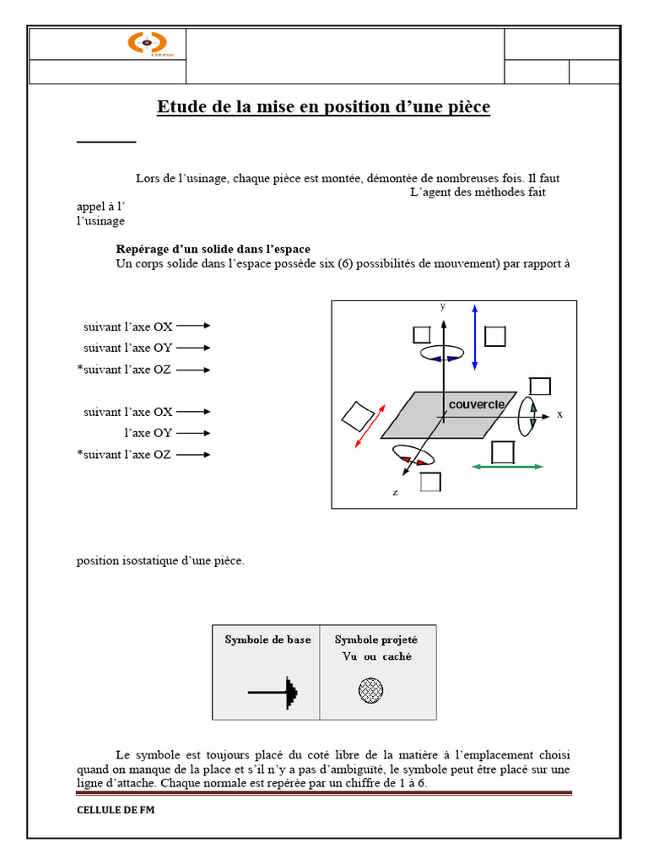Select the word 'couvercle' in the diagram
(x=477, y=404)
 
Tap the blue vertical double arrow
(x=475, y=336)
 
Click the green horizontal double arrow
(x=506, y=467)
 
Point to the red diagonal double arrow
(x=371, y=427)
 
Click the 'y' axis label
(x=442, y=306)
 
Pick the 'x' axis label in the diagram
(x=559, y=415)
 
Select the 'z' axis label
(x=395, y=491)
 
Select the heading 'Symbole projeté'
(x=376, y=640)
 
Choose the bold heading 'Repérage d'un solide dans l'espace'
(x=213, y=249)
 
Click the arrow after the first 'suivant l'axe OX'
(x=193, y=325)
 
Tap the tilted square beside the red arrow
(x=357, y=416)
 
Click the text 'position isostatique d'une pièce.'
(x=160, y=560)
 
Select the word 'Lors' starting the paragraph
(x=148, y=178)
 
